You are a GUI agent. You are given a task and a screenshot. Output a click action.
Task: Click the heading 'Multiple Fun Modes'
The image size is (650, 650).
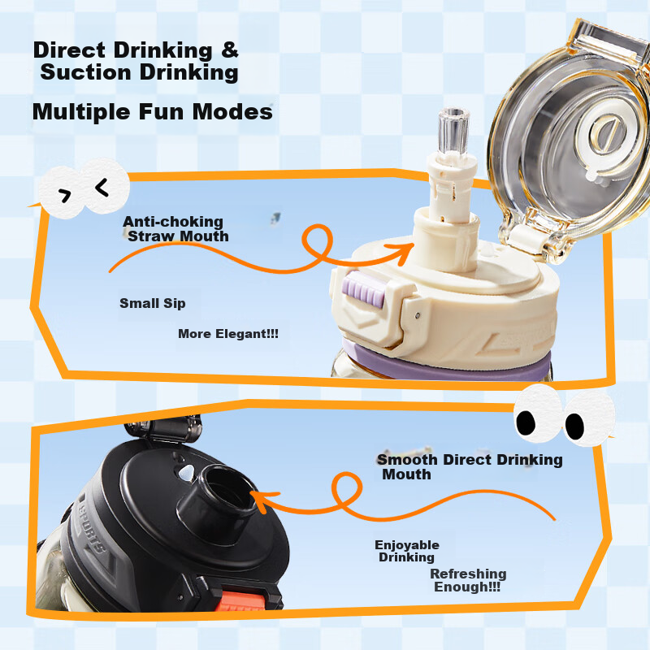(x=153, y=112)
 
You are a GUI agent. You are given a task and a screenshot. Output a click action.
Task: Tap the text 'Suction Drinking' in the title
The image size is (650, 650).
(x=139, y=72)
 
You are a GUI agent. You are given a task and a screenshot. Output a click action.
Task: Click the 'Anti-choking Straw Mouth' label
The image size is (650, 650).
(x=175, y=229)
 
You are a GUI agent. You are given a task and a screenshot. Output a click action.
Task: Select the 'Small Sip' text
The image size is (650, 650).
(x=153, y=303)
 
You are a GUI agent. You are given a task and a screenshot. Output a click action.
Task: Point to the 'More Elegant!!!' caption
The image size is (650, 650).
(x=228, y=334)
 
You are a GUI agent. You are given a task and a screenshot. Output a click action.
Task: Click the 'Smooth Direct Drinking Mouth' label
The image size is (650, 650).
(x=470, y=466)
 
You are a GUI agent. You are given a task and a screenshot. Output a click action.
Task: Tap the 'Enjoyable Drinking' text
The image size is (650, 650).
(x=407, y=551)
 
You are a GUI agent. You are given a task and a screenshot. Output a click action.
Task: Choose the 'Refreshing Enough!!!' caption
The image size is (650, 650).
(x=468, y=580)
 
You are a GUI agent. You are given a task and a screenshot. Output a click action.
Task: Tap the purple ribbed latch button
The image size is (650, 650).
(x=363, y=289)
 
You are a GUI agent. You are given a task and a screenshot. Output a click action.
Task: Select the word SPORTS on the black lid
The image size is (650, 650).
(x=92, y=525)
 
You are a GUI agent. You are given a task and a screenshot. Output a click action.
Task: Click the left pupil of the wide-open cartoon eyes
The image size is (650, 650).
(x=526, y=422)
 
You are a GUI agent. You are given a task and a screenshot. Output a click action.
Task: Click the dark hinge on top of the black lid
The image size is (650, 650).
(x=164, y=428)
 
